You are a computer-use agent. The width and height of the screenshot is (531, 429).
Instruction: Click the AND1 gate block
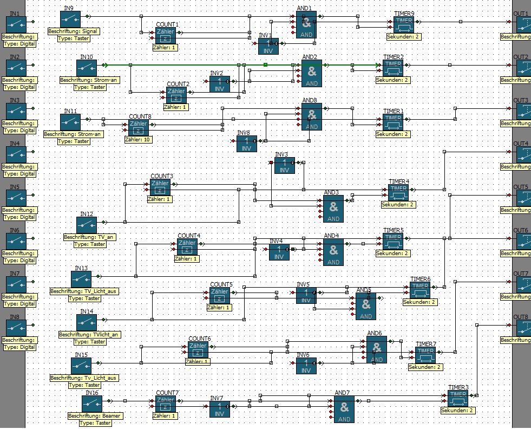pyautogui.click(x=306, y=25)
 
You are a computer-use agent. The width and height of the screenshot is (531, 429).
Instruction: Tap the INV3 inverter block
pyautogui.click(x=285, y=166)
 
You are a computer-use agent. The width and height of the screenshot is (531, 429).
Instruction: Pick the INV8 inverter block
pyautogui.click(x=247, y=144)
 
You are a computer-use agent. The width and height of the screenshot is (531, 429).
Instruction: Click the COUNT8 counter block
pyautogui.click(x=139, y=128)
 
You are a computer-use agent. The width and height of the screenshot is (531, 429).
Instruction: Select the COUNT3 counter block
pyautogui.click(x=160, y=187)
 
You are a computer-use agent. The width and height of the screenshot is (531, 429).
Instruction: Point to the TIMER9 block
pyautogui.click(x=404, y=24)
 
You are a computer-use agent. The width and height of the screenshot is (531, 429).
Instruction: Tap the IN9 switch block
pyautogui.click(x=70, y=19)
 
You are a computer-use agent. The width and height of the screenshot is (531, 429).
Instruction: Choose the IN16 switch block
pyautogui.click(x=92, y=404)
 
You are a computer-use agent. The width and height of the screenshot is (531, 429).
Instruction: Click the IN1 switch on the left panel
pyautogui.click(x=16, y=24)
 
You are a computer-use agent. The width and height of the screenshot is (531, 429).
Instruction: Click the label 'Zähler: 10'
pyautogui.click(x=139, y=140)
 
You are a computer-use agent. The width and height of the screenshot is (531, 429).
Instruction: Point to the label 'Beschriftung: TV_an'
pyautogui.click(x=90, y=237)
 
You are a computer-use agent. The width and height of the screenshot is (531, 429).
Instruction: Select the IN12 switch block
pyautogui.click(x=86, y=225)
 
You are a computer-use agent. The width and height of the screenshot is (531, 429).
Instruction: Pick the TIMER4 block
pyautogui.click(x=398, y=193)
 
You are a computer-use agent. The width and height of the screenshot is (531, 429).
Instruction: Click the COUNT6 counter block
pyautogui.click(x=198, y=350)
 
